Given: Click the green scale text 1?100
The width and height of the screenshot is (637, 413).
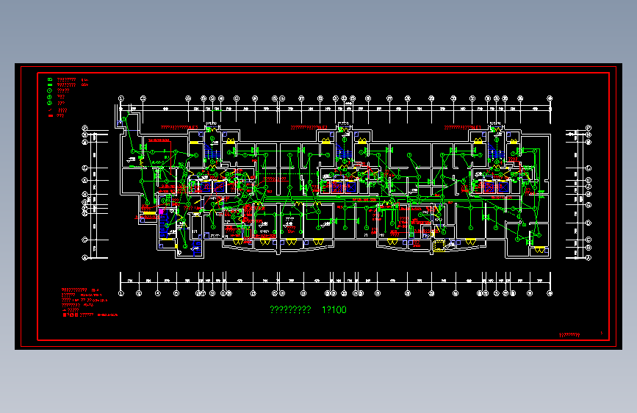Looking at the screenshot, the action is point(334,310).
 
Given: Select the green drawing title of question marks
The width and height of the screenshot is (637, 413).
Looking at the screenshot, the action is point(291,310).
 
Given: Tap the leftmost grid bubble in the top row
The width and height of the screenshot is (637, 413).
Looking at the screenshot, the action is point(122,98).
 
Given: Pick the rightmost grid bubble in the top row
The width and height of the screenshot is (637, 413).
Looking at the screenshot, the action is point(550,98).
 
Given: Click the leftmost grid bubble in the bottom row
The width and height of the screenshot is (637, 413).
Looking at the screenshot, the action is point(122,293).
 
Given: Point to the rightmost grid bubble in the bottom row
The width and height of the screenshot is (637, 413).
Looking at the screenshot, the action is point(550,293).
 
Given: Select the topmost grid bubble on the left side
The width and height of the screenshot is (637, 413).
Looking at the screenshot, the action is point(85,129).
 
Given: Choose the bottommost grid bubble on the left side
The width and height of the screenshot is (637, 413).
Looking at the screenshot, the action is point(85,258).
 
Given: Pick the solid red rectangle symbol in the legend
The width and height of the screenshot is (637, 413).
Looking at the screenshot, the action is point(49,115).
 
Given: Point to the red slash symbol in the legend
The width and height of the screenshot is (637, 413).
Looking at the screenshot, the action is point(49,109).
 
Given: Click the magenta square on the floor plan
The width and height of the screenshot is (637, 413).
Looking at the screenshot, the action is point(161,212).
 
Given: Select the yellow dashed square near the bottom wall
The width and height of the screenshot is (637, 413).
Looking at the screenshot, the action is point(439,245).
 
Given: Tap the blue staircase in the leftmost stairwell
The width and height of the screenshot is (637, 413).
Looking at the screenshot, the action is point(207,149).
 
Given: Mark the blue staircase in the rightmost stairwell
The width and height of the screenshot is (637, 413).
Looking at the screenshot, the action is point(492,149).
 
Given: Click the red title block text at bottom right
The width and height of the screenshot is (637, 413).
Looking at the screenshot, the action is point(570,335).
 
